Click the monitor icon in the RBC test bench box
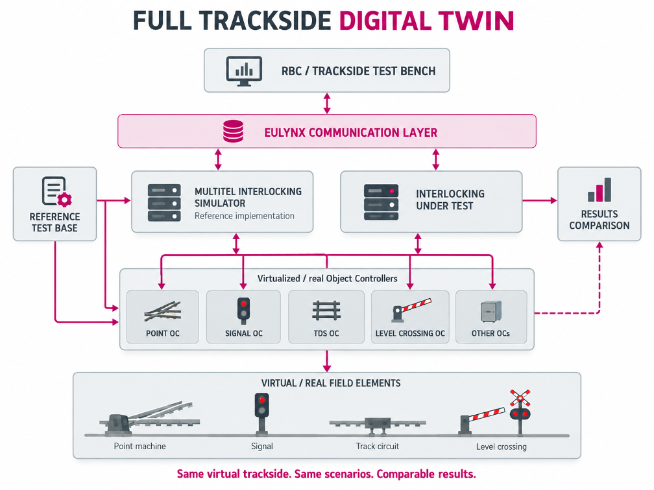(x=244, y=71)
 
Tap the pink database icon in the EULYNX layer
(x=233, y=131)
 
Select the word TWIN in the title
(x=476, y=21)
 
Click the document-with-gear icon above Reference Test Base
(x=56, y=192)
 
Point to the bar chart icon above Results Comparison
(x=599, y=189)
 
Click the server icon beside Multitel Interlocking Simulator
(x=164, y=203)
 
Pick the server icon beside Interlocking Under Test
(x=381, y=202)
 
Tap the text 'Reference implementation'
(x=245, y=216)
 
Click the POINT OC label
(x=163, y=333)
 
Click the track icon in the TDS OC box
(x=326, y=311)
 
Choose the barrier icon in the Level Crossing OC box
(x=411, y=310)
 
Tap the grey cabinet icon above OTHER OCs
(x=491, y=312)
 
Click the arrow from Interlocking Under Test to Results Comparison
(x=540, y=201)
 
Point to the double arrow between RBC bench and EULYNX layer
(x=327, y=103)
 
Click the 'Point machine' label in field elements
(x=139, y=446)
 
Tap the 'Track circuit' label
(x=378, y=446)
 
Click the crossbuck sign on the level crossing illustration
(x=520, y=398)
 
